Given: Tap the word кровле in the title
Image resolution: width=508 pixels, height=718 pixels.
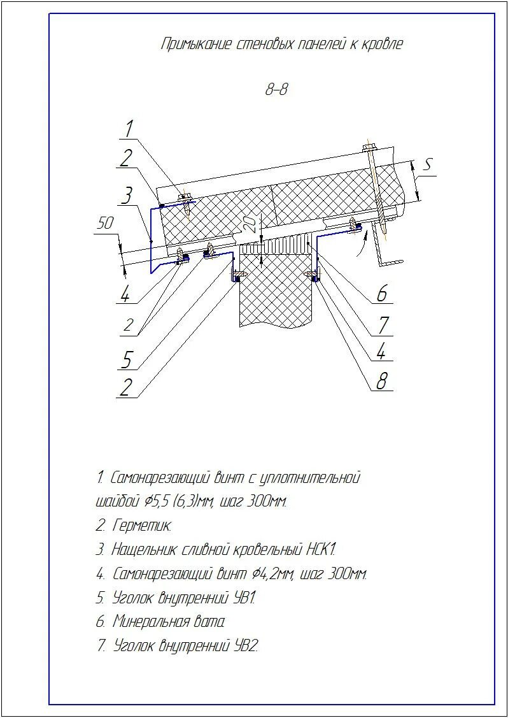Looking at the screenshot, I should tap(383, 45).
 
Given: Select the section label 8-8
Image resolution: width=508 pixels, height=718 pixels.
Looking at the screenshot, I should tap(276, 90).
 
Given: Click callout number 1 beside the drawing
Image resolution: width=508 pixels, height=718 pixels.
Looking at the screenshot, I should tap(129, 129).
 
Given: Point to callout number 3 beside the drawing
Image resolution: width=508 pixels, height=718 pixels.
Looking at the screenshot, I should tap(128, 195).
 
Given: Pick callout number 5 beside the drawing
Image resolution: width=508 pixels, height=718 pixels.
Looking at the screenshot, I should tap(127, 360).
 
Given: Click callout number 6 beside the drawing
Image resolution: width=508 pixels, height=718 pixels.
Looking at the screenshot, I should tap(381, 294).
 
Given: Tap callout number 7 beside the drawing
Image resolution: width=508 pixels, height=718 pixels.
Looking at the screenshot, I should tap(383, 326).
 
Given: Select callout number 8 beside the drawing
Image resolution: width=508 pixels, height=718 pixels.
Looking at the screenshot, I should tap(382, 381).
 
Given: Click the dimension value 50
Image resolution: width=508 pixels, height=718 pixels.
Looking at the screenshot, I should tap(105, 224).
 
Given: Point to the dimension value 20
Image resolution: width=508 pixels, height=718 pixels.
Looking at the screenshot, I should tap(250, 223).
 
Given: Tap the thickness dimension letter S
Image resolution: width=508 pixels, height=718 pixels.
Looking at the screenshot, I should tap(428, 165).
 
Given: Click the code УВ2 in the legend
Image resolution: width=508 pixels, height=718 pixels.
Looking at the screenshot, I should tap(246, 645).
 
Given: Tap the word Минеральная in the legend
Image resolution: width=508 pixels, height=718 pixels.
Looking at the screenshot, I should tap(152, 622).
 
